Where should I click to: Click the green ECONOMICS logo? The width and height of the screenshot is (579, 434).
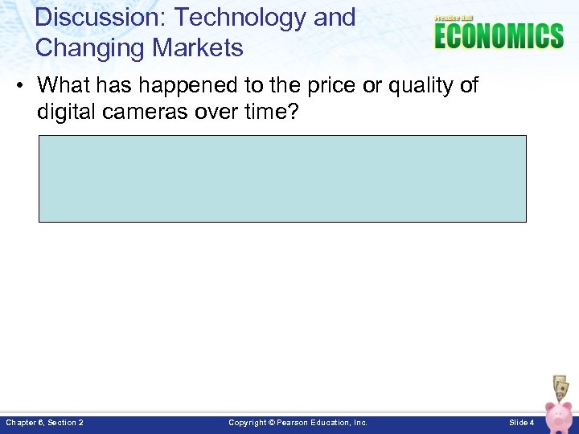click(x=499, y=37)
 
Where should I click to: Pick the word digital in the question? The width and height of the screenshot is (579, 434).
click(x=65, y=112)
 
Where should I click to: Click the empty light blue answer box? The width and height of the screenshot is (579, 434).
click(x=282, y=178)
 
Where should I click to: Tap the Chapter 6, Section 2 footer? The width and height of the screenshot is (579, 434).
click(x=44, y=422)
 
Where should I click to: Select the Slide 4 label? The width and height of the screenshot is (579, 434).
click(x=521, y=422)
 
